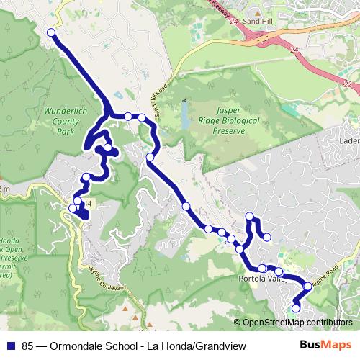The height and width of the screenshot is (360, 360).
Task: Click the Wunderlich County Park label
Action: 65,123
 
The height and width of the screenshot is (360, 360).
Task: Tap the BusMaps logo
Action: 325,346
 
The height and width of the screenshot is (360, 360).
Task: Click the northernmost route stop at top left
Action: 51,32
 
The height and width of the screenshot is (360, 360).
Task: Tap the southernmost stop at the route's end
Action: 295,309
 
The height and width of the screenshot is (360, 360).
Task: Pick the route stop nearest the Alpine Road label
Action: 308,286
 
